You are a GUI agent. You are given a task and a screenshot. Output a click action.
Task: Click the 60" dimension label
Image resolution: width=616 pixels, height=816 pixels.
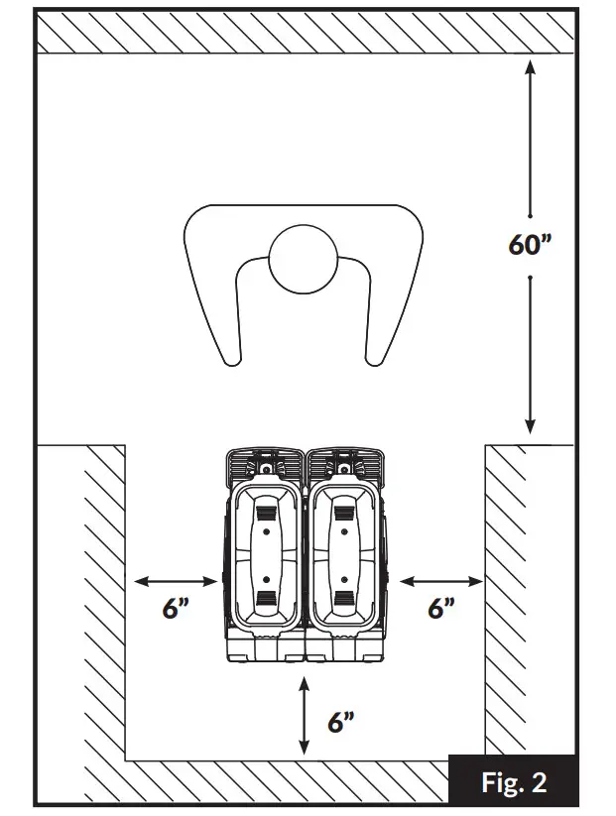coord(531,244)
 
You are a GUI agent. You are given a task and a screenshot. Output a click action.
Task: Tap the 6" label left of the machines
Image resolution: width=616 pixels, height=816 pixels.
coord(176,608)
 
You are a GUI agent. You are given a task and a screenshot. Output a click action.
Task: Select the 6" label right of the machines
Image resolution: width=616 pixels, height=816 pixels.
coord(441,608)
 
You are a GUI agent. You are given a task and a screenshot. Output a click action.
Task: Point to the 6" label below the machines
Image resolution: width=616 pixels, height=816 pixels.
coord(340,722)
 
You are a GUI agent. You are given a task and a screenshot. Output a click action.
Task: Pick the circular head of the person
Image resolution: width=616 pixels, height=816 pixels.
coord(305,261)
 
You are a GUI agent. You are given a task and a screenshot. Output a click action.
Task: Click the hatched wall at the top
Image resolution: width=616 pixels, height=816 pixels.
coord(306,35)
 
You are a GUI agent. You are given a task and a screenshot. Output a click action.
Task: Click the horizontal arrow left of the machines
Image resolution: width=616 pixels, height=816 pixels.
coord(176,580)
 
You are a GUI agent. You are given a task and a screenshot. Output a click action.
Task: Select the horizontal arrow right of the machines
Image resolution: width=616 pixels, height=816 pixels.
coord(440,580)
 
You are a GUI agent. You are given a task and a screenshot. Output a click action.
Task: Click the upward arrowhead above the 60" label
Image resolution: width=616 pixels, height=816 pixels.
coord(531,69)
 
